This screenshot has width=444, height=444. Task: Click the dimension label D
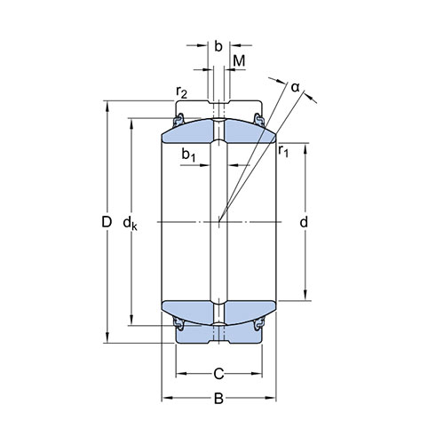pyautogui.click(x=107, y=222)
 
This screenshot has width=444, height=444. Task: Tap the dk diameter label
pyautogui.click(x=131, y=224)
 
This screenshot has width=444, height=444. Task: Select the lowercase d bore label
pyautogui.click(x=304, y=222)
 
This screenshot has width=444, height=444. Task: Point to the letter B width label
pyautogui.click(x=218, y=399)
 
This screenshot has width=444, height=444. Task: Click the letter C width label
pyautogui.click(x=218, y=375)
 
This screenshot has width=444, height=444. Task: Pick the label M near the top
pyautogui.click(x=239, y=61)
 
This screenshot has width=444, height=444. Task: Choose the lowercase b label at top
pyautogui.click(x=218, y=46)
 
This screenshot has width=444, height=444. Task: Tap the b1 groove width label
pyautogui.click(x=188, y=155)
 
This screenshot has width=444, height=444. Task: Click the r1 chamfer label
pyautogui.click(x=283, y=151)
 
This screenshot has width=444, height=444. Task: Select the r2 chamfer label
pyautogui.click(x=181, y=92)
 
